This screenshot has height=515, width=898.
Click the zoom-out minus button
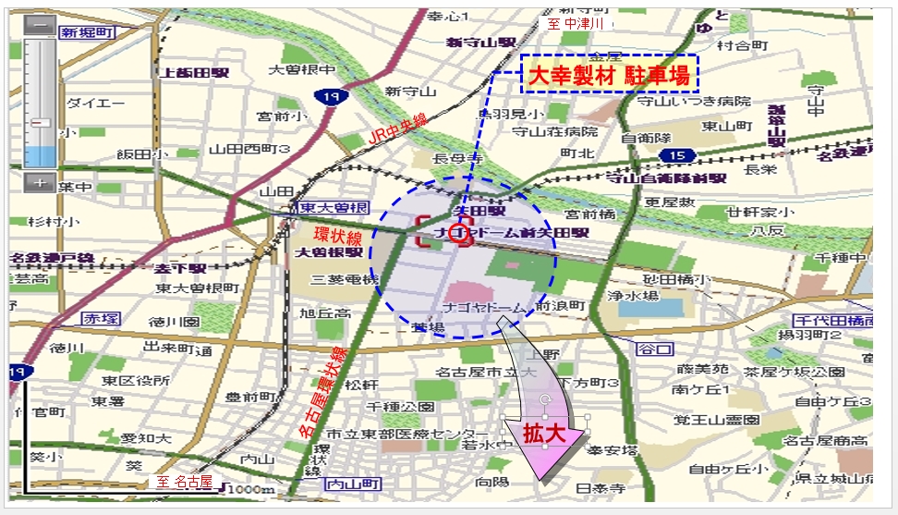tap(39, 26)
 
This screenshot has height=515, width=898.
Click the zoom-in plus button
tap(39, 182)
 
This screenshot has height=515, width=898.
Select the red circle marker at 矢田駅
tap(459, 235)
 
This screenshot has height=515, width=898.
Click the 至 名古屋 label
tap(183, 482)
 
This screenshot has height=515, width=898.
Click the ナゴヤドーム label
tap(484, 306)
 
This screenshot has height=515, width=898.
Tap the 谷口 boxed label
tap(654, 349)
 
